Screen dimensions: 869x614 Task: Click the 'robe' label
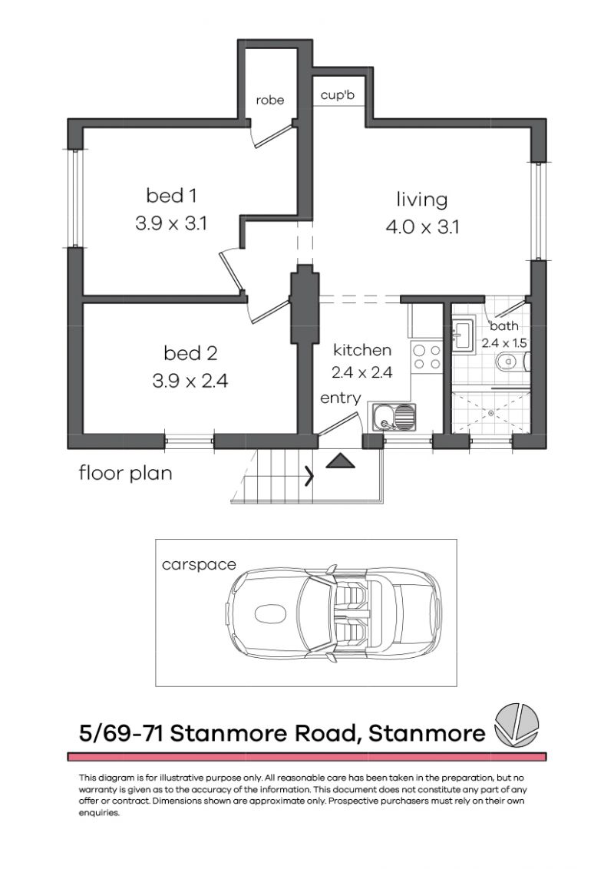coord(270,100)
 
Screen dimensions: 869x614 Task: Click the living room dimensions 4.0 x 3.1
coord(422,227)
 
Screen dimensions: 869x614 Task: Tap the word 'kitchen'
coord(362,350)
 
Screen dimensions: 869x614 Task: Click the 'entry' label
coord(341,398)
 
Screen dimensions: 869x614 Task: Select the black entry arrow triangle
coord(339,461)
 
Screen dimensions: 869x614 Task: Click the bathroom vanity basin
coord(463,338)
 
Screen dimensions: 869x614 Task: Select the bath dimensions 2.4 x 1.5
coord(504,343)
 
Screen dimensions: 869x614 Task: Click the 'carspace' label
coord(199,564)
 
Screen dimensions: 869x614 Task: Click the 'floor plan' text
coord(126,473)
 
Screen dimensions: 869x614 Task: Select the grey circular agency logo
coord(517,724)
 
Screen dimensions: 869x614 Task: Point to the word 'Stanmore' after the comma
coord(427,733)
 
